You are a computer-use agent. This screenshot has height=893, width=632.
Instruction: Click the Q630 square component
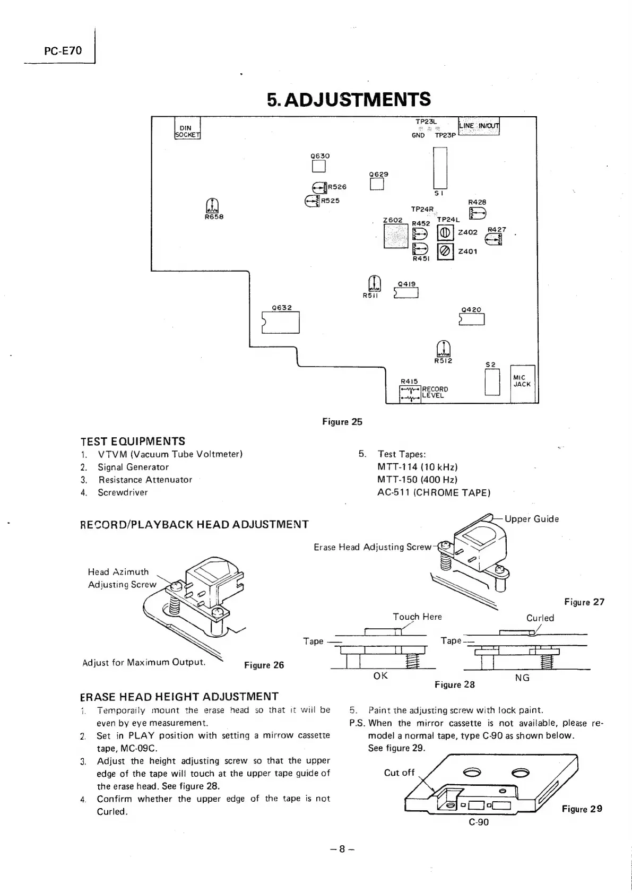[318, 167]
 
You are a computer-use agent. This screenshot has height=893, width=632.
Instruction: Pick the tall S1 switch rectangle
[440, 167]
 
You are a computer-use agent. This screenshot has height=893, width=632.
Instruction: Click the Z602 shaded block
[395, 237]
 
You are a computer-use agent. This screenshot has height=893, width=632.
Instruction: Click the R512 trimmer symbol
[442, 348]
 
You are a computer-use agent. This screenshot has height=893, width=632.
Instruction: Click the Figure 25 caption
[342, 422]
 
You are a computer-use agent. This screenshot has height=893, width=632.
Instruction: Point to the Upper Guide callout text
[531, 519]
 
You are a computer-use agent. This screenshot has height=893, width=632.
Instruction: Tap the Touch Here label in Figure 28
[417, 617]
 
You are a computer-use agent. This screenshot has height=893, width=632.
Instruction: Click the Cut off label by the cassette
[399, 772]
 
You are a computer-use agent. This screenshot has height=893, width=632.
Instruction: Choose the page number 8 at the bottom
[342, 848]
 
